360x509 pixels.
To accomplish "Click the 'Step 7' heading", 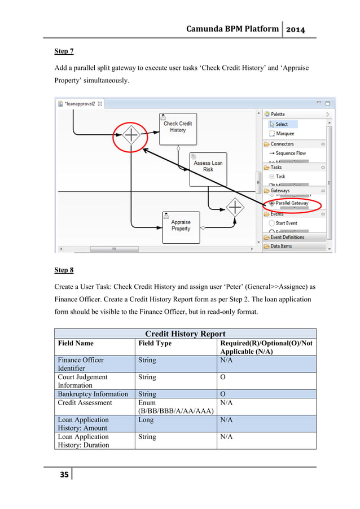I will point(64,51).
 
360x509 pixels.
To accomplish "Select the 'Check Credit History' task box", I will point(178,127).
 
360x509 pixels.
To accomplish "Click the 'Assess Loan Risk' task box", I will point(208,166).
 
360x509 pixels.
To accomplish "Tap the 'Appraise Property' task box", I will point(181,226).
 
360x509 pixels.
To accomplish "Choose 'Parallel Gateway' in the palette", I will point(291,203).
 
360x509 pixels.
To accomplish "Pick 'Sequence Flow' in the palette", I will point(290,153).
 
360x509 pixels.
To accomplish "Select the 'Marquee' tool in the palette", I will point(284,134).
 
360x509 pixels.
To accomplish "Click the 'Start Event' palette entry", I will point(286,223).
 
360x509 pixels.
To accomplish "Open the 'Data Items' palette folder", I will point(281,246).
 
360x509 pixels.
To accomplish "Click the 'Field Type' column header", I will point(155,343).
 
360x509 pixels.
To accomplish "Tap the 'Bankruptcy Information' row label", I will point(93,394).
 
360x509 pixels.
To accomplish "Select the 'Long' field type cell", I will point(147,420).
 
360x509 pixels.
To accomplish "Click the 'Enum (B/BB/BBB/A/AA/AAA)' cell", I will point(175,407).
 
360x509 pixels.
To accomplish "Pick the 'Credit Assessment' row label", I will point(85,403).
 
